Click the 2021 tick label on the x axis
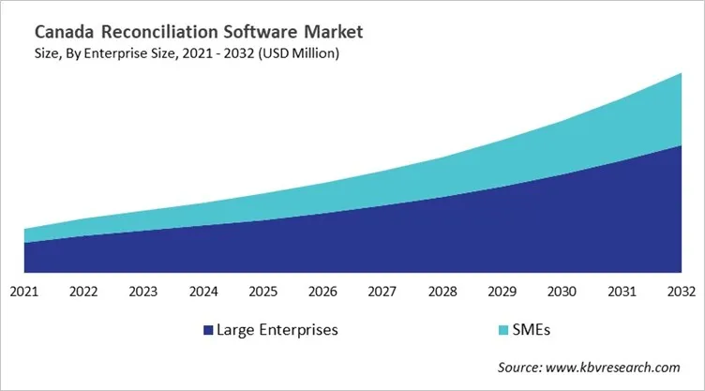click(24, 291)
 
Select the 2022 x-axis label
click(83, 291)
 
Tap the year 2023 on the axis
click(143, 291)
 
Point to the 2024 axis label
click(203, 291)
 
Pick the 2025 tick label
click(262, 291)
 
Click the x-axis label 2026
click(322, 291)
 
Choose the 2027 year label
click(382, 291)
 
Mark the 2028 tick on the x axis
click(442, 291)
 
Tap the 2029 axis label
click(502, 291)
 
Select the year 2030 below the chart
click(561, 291)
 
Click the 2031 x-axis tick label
click(621, 291)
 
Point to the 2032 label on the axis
click(680, 291)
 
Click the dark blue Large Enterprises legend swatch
click(207, 330)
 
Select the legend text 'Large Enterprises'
click(277, 330)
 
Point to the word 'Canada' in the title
click(62, 32)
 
